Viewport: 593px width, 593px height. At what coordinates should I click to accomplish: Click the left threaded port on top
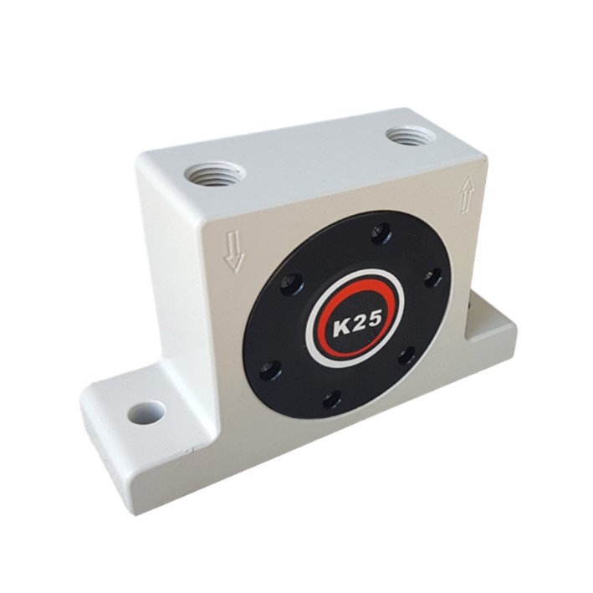tap(214, 174)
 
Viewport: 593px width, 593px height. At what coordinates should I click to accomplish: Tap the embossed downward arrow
tap(234, 252)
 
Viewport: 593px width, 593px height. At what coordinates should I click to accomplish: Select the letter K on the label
tap(340, 327)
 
